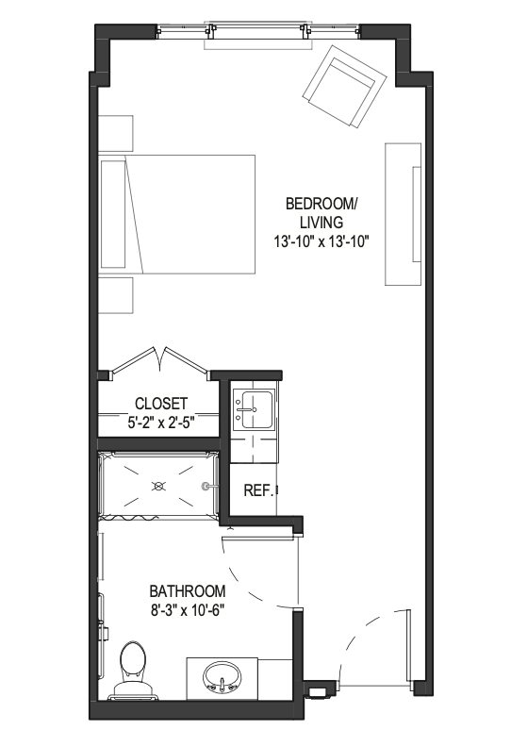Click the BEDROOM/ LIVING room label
tap(321, 213)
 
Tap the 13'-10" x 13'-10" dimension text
tap(321, 241)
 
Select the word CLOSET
tap(161, 403)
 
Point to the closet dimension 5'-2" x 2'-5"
tap(160, 423)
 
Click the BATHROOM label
tap(187, 591)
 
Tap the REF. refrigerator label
tap(257, 490)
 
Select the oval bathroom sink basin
tap(223, 677)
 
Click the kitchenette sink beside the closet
tap(254, 409)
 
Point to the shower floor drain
tap(158, 487)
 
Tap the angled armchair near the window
tap(345, 86)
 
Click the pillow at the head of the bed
tap(113, 214)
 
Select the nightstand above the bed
tap(116, 133)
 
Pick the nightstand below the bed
tap(116, 295)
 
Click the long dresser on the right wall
tap(403, 214)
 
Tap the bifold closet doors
tap(160, 361)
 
